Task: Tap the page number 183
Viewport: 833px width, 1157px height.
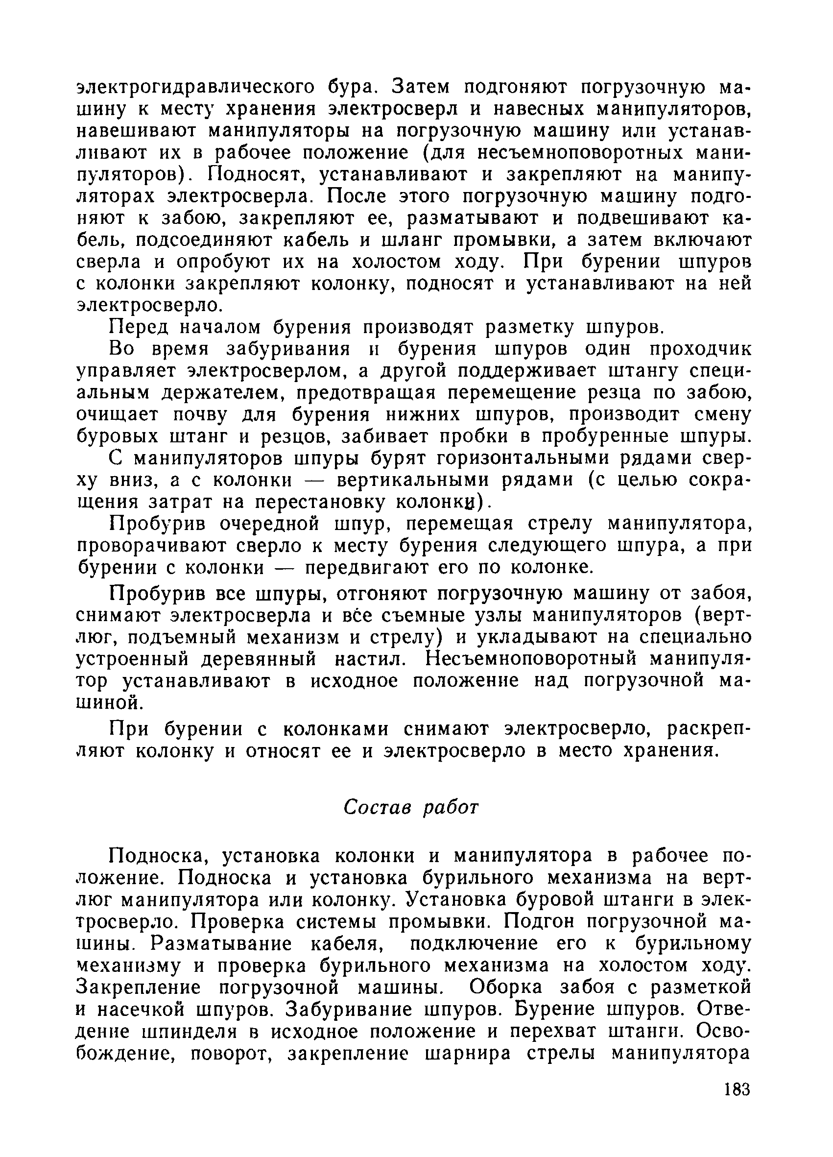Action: pos(737,1090)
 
